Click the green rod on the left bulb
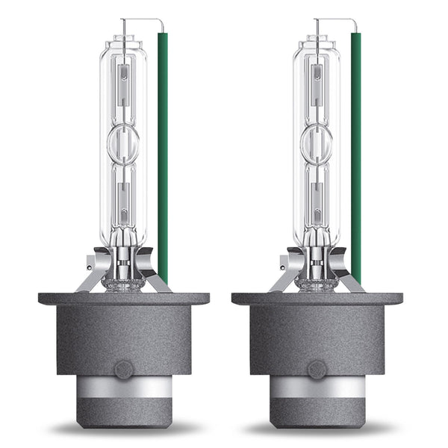pyautogui.click(x=163, y=149)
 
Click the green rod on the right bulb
pyautogui.click(x=356, y=149)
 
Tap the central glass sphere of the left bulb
pyautogui.click(x=123, y=144)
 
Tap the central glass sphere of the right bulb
pyautogui.click(x=317, y=144)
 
